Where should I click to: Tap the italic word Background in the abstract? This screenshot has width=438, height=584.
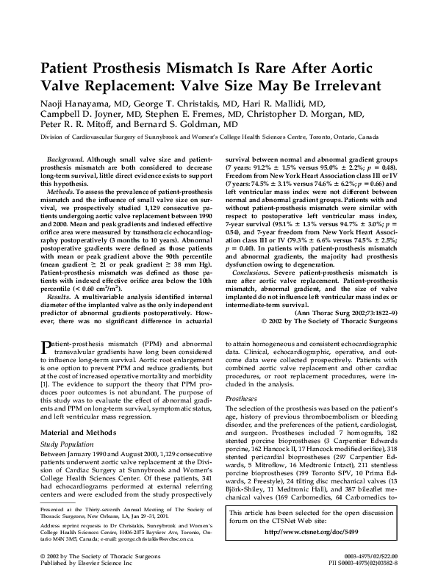(x=62, y=159)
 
